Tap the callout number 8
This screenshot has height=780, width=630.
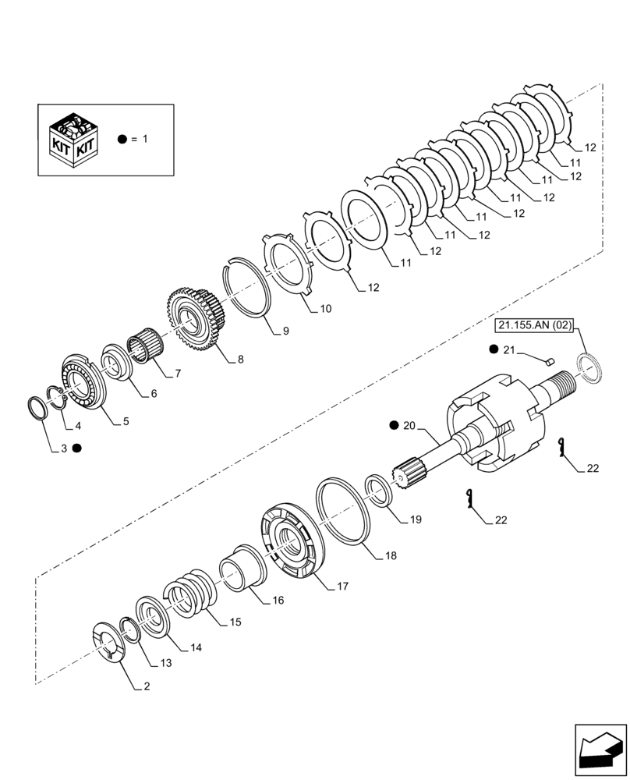[x=240, y=360]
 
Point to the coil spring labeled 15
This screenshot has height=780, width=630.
[x=188, y=594]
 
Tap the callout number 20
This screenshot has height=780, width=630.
[x=410, y=425]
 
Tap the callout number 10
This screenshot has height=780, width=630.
[x=325, y=309]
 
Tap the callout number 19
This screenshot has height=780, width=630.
[x=415, y=519]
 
